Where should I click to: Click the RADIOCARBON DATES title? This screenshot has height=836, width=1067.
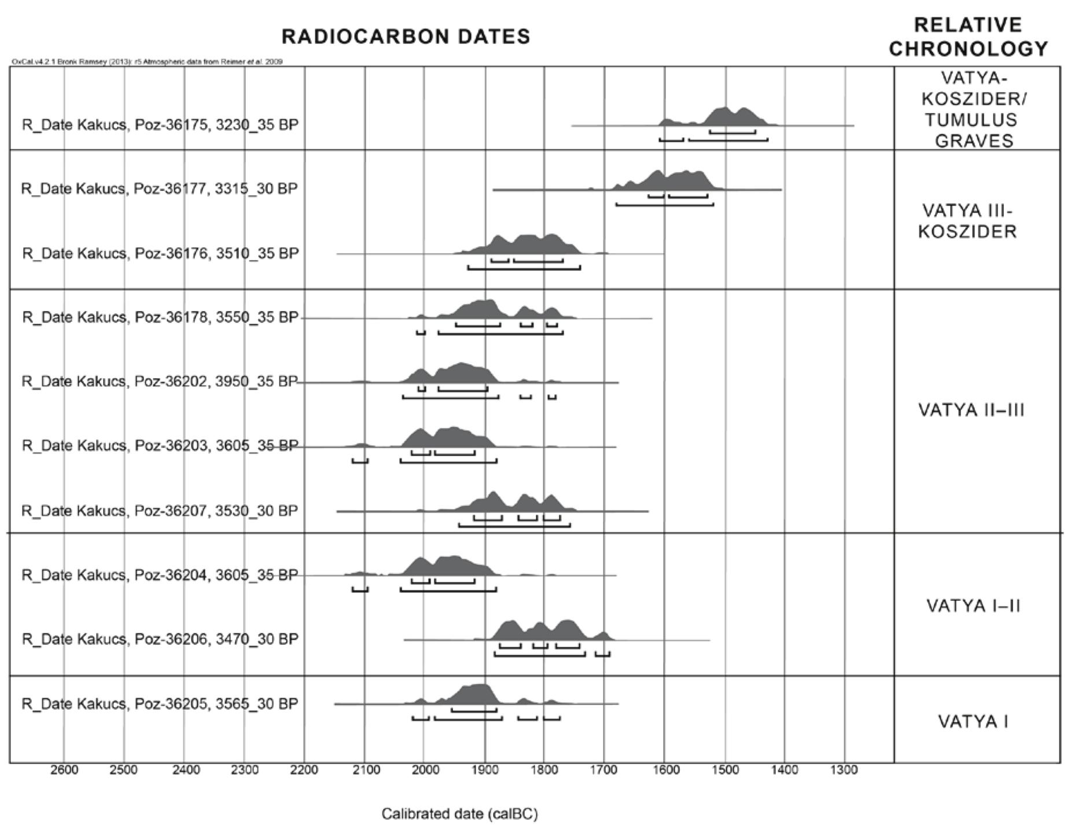(406, 36)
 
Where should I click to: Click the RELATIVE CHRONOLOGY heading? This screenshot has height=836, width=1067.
(968, 37)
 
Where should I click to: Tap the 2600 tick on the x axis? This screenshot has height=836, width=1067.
(64, 770)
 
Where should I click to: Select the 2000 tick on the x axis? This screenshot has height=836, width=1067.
(425, 770)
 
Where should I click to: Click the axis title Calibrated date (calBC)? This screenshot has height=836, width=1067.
(459, 814)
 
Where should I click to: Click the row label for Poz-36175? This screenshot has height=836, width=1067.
(160, 125)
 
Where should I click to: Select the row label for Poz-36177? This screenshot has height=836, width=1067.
(159, 189)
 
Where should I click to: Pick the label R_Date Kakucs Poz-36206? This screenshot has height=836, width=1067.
(160, 639)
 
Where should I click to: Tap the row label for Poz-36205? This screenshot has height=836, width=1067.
(160, 704)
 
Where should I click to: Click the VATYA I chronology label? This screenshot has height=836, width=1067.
(973, 722)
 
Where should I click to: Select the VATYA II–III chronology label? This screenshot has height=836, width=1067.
(971, 410)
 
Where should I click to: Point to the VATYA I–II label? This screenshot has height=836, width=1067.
(973, 606)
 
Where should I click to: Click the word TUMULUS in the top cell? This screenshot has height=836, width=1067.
(970, 120)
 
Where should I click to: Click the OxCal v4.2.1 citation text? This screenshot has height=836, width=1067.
(147, 61)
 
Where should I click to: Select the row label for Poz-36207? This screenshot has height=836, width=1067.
(160, 511)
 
